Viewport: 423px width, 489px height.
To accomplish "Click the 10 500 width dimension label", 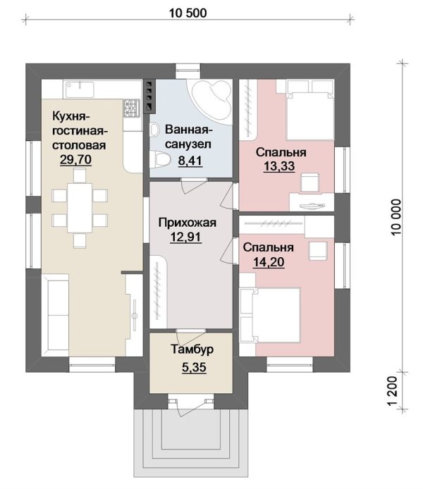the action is coord(188,13).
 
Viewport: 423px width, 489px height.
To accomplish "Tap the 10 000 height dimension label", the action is coord(396,217).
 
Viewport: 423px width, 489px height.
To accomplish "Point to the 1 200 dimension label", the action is coord(393,391).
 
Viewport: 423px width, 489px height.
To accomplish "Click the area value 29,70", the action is coord(76,159).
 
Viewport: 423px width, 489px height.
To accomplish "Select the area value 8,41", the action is coord(190,161).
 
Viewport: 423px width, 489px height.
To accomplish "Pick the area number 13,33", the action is coord(279,166).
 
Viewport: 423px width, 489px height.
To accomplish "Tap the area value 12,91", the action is coord(185,237).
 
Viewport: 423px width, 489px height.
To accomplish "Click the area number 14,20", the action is coord(269,261).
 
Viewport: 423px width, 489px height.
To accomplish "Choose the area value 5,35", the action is coord(194,367).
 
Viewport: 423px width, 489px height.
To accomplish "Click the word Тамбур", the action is coord(192,349).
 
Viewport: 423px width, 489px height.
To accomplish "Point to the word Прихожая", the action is coord(187,223).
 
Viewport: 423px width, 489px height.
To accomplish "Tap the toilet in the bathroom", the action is coord(160,159).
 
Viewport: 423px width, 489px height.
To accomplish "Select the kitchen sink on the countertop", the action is coord(79,89).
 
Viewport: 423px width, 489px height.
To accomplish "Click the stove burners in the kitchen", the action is coord(132,108).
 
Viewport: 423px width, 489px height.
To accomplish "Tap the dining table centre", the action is coord(80,208).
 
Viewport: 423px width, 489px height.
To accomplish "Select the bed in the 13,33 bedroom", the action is coord(310,110).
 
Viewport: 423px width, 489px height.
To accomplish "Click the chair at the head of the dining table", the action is coord(80,175).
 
